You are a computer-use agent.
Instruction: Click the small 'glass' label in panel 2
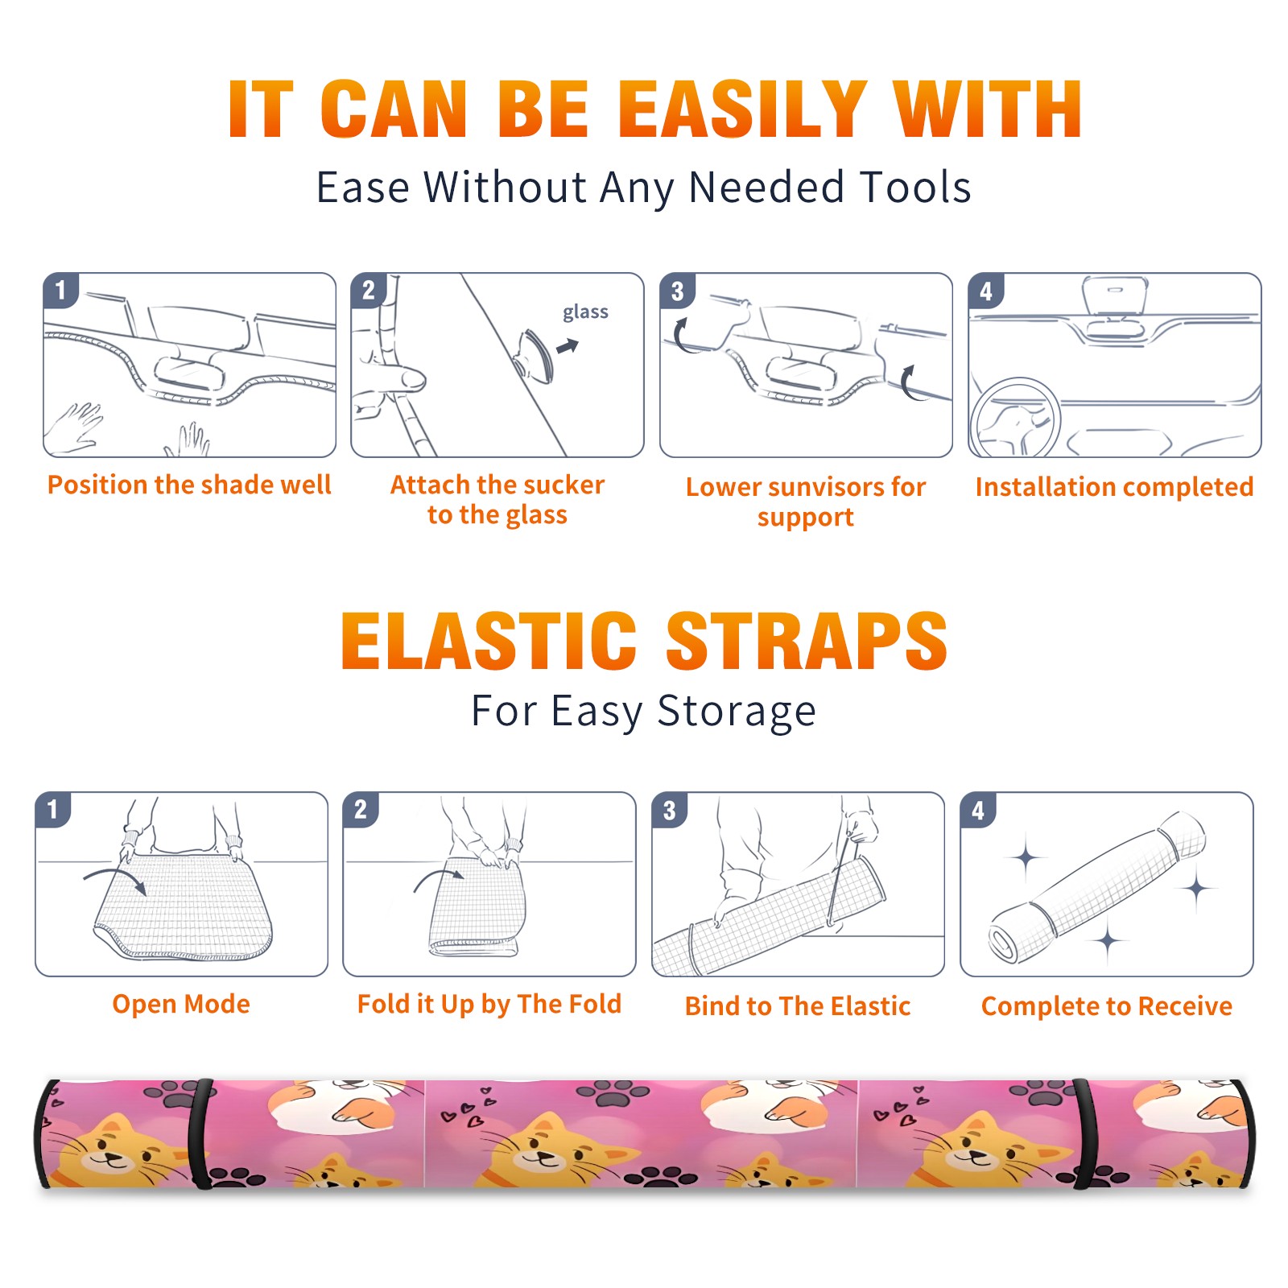pyautogui.click(x=585, y=312)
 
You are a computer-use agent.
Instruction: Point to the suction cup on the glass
pyautogui.click(x=535, y=355)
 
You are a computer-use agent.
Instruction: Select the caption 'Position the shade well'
pyautogui.click(x=189, y=485)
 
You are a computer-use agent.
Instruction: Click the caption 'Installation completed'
pyautogui.click(x=1114, y=486)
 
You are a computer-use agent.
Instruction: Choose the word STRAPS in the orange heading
pyautogui.click(x=807, y=641)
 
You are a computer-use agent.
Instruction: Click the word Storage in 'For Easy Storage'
pyautogui.click(x=737, y=712)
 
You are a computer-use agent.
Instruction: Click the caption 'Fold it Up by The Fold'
pyautogui.click(x=489, y=1005)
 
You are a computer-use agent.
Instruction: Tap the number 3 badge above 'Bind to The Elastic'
pyautogui.click(x=670, y=810)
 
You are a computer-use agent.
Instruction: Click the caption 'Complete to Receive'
pyautogui.click(x=1107, y=1006)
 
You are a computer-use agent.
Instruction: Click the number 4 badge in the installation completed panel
pyautogui.click(x=986, y=291)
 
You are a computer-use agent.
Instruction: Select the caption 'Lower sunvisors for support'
pyautogui.click(x=806, y=501)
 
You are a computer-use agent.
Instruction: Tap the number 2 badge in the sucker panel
pyautogui.click(x=369, y=291)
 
